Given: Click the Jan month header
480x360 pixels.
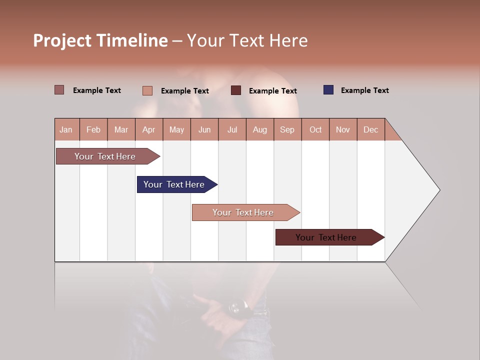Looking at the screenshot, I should pos(66,129).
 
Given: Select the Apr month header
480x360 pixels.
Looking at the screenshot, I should pos(148,129).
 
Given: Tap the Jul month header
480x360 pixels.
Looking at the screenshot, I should pos(232,129).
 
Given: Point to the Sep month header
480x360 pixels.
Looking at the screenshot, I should pos(287,129).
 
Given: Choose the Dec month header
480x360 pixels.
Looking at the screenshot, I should pos(370,129).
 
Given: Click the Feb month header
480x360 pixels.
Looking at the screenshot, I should pos(93,129).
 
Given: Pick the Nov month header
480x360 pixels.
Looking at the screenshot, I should pos(342,129).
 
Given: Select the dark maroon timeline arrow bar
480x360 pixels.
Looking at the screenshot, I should pos(328,237).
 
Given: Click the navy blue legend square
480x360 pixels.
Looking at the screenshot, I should pos(328,90).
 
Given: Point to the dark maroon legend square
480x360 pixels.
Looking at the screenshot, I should pos(236,90).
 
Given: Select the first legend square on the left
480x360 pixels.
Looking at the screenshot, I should pos(59,90).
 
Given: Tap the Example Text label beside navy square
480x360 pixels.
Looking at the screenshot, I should pos(364,90).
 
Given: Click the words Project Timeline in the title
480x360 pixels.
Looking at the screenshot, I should pos(100,40).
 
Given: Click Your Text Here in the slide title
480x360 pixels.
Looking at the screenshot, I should pos(247,40).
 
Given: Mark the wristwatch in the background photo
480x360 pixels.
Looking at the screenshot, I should pos(240,306).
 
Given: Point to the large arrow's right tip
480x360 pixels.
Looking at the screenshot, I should pos(438,190).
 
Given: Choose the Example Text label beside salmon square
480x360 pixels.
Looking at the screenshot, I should pos(184,91).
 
